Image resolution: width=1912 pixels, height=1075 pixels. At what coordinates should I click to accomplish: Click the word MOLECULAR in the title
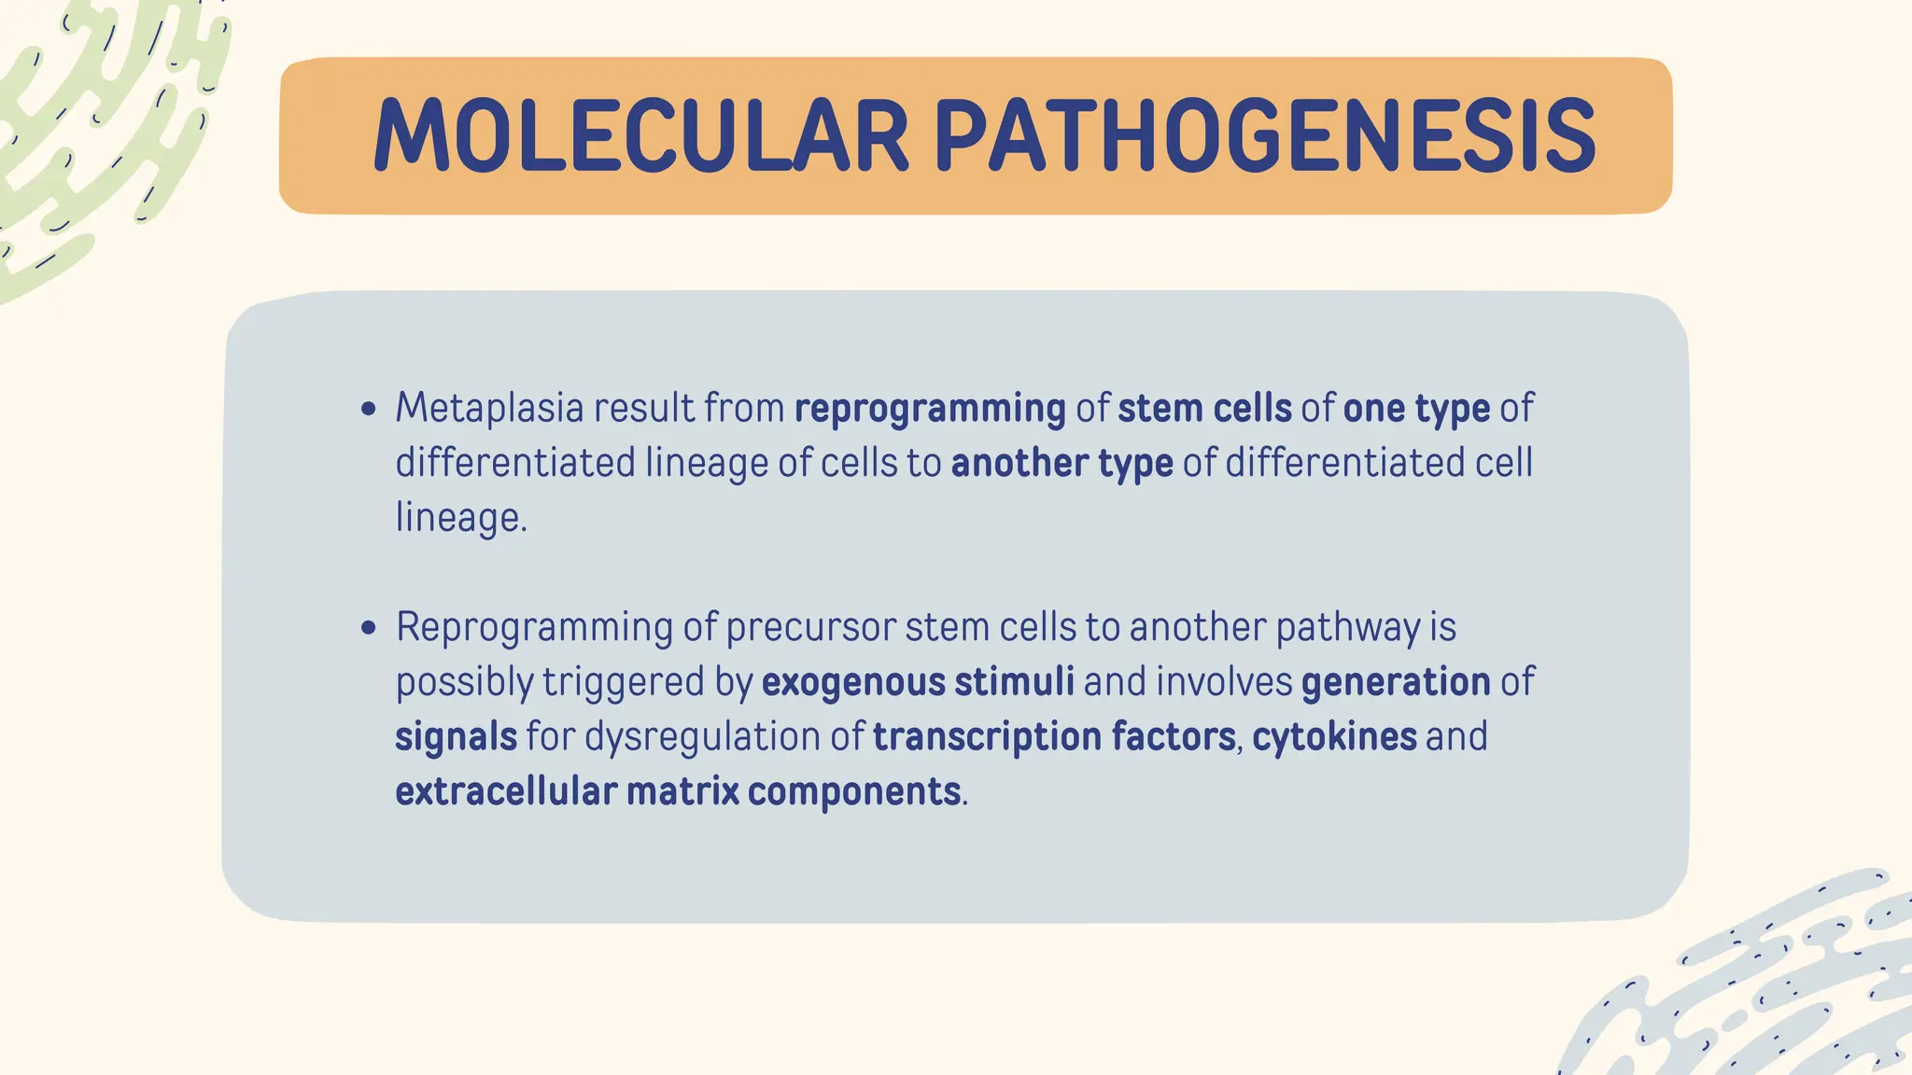(x=640, y=136)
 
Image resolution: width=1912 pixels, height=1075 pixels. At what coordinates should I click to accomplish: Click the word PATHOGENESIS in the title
(x=1264, y=136)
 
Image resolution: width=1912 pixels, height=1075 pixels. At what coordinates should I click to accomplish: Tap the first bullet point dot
(x=369, y=409)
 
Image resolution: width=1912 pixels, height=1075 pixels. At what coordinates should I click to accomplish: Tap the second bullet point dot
(x=369, y=628)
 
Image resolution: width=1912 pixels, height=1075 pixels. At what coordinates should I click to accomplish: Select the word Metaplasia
(x=488, y=409)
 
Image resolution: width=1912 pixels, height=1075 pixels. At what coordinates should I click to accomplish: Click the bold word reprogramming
(x=930, y=409)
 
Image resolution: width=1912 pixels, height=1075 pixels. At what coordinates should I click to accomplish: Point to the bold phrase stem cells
(x=1204, y=409)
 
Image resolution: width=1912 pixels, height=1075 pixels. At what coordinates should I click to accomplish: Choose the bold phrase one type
(x=1415, y=409)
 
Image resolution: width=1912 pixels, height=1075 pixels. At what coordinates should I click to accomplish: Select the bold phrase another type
(x=1061, y=464)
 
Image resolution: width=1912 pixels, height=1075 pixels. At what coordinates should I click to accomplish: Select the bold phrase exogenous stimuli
(x=918, y=682)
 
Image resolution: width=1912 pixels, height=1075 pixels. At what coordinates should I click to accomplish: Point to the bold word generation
(x=1395, y=682)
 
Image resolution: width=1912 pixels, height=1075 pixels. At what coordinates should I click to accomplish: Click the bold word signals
(x=456, y=737)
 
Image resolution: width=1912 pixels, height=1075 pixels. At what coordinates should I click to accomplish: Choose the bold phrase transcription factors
(x=1054, y=737)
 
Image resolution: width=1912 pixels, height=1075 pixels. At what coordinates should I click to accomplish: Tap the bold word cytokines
(x=1334, y=737)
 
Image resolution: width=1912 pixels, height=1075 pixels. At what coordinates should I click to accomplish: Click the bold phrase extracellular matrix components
(x=678, y=792)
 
